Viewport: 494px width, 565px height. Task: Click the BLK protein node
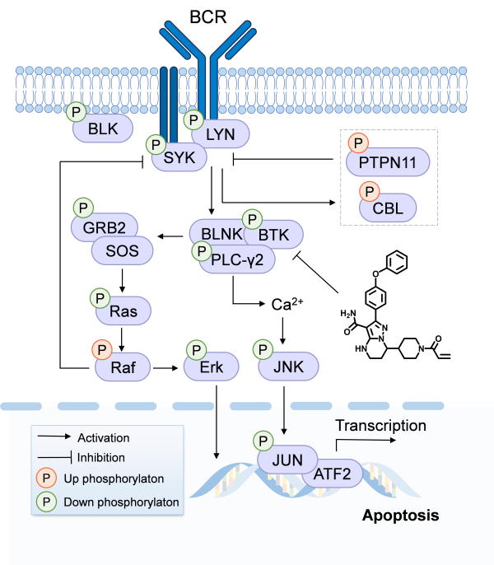[100, 128]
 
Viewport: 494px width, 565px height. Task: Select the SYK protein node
[179, 156]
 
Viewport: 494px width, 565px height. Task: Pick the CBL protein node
[388, 208]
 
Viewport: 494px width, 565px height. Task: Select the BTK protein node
[273, 235]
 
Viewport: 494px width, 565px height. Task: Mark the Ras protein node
[123, 312]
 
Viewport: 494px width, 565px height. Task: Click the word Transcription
[380, 426]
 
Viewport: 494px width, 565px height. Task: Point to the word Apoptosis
[400, 516]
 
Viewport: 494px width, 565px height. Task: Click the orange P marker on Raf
[101, 350]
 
